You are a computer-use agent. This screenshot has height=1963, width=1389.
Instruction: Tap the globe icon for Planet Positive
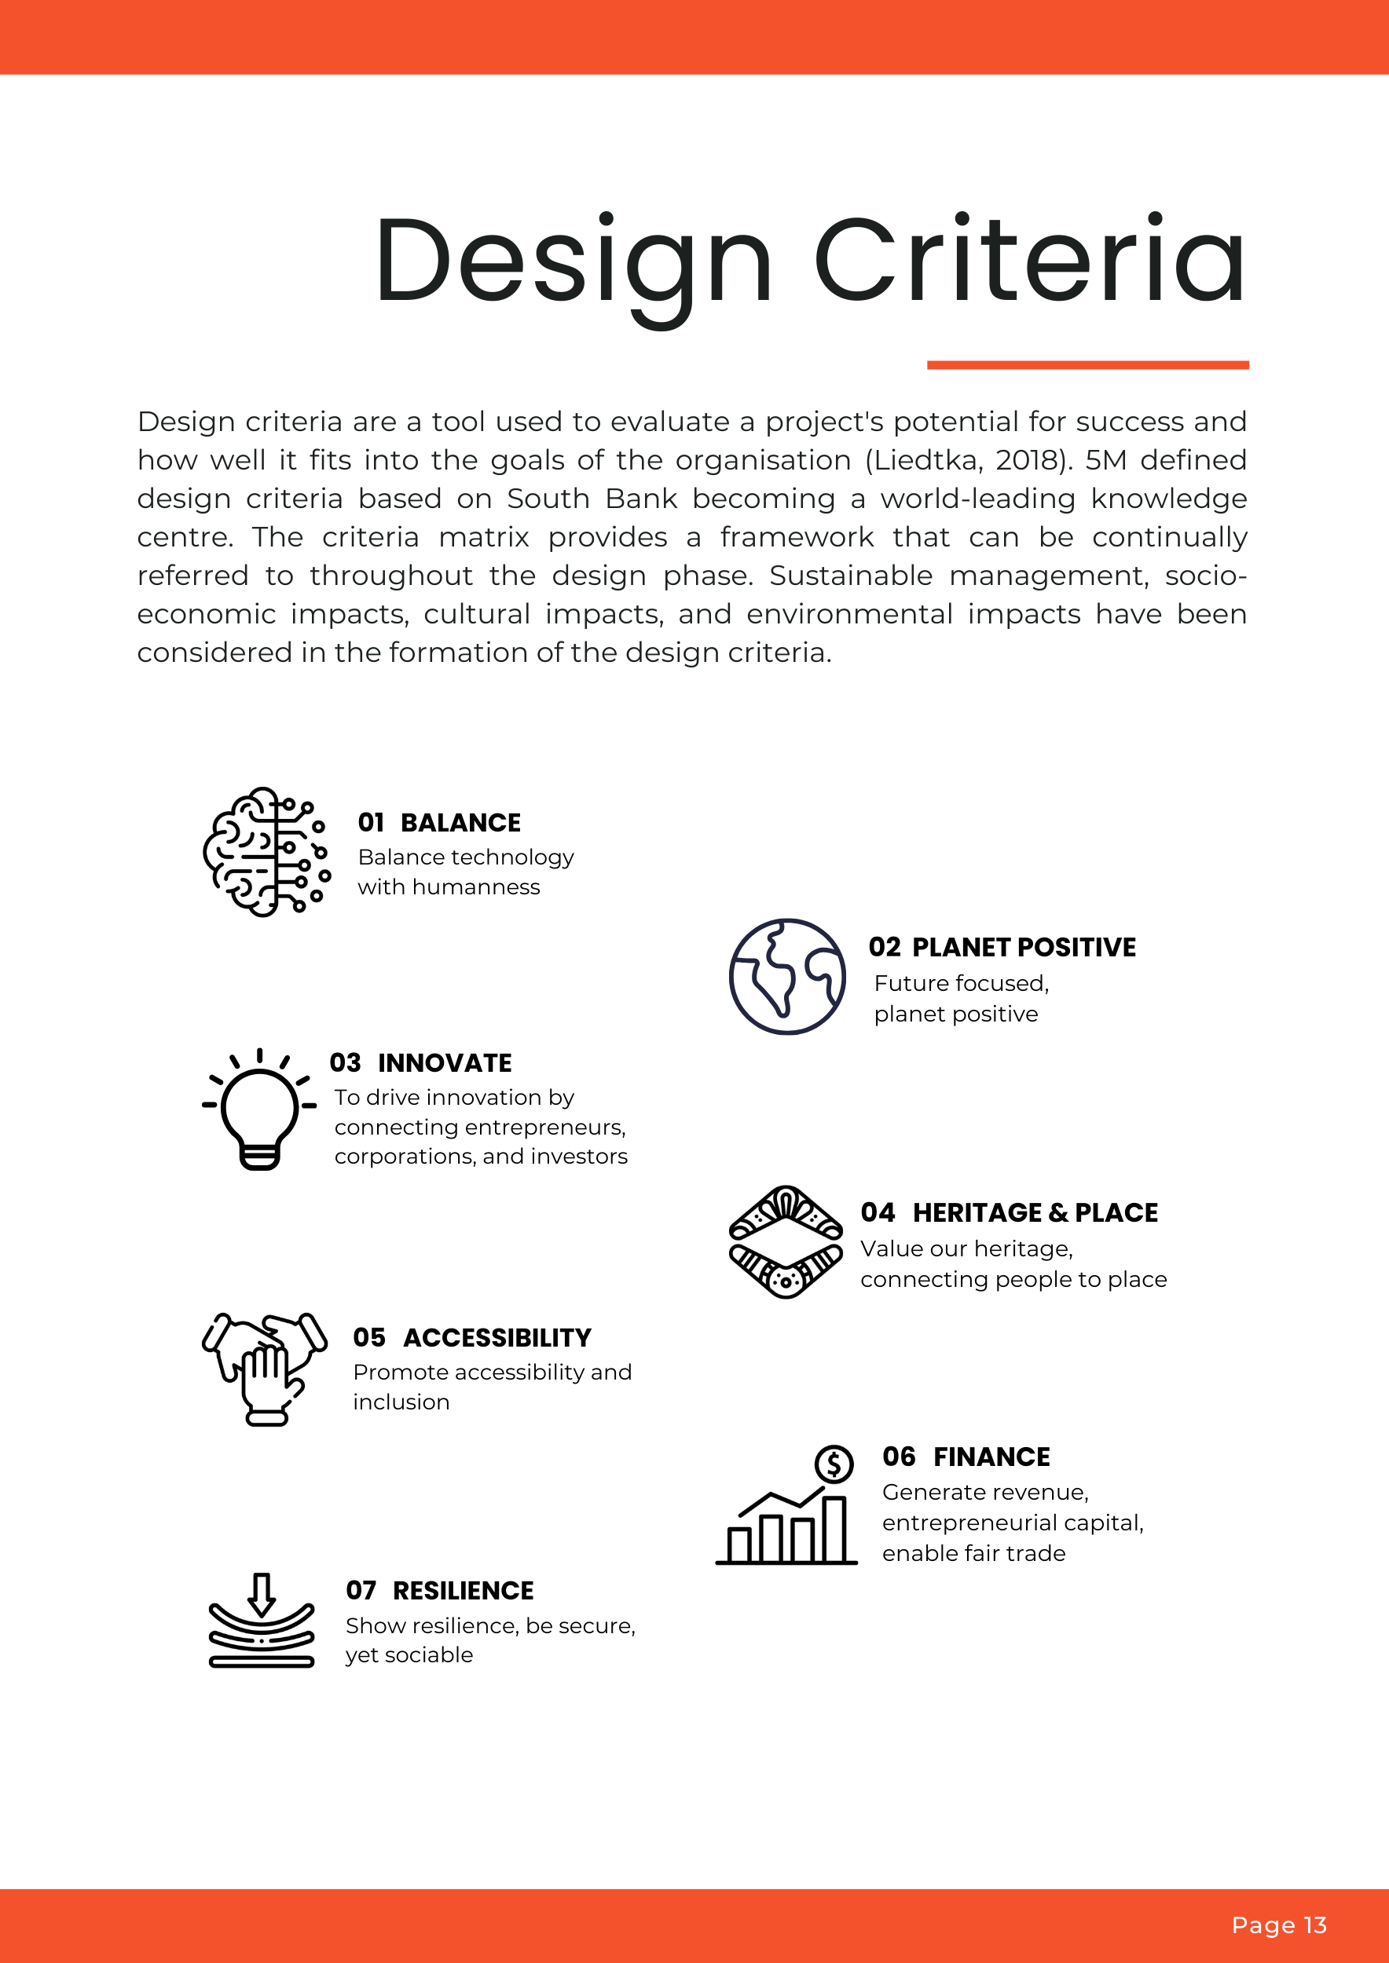tap(787, 976)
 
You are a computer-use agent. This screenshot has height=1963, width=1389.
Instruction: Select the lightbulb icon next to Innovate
tap(259, 1109)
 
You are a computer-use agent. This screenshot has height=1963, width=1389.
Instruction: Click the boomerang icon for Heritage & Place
tap(785, 1242)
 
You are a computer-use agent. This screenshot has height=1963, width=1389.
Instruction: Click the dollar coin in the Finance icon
tap(834, 1464)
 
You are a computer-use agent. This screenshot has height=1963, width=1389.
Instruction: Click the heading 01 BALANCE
tap(438, 822)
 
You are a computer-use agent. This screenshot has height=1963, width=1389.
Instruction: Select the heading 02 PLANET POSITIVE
tap(1002, 947)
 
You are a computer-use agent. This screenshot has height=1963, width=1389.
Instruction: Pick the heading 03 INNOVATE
tap(421, 1062)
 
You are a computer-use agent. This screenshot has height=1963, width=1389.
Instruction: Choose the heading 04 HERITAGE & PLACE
tap(1009, 1212)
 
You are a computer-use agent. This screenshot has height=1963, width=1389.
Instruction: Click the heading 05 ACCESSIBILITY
tap(472, 1337)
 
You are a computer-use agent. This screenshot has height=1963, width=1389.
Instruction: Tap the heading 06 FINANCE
tap(966, 1457)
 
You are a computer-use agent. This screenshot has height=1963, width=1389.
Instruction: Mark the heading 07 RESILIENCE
tap(440, 1590)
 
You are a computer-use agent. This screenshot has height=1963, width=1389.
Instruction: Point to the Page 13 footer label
tap(1279, 1925)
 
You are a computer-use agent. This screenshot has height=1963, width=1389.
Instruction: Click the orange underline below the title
tap(1087, 365)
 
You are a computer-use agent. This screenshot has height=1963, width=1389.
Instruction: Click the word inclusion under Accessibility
tap(401, 1402)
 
